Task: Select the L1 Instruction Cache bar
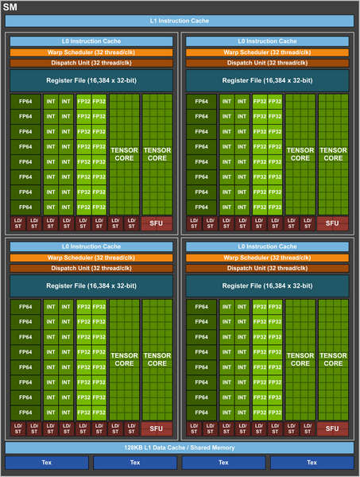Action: pyautogui.click(x=180, y=20)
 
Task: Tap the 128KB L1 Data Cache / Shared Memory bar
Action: pyautogui.click(x=180, y=448)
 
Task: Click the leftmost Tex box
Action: pyautogui.click(x=47, y=462)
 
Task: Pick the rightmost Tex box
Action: pyautogui.click(x=312, y=462)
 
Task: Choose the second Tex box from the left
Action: pyautogui.click(x=135, y=462)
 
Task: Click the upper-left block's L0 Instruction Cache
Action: pyautogui.click(x=91, y=41)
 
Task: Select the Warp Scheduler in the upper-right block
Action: pyautogui.click(x=268, y=52)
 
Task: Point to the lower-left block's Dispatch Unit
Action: pyautogui.click(x=91, y=268)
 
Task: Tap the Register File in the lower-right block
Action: pyautogui.click(x=268, y=285)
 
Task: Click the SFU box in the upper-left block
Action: pyautogui.click(x=156, y=223)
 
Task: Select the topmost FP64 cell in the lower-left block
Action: pyautogui.click(x=25, y=307)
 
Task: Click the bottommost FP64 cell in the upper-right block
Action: pyautogui.click(x=201, y=207)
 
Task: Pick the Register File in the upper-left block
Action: pyautogui.click(x=91, y=80)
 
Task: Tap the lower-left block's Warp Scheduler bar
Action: pyautogui.click(x=91, y=258)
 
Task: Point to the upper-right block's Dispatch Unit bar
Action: pyautogui.click(x=268, y=63)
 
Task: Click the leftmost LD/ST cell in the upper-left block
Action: pyautogui.click(x=17, y=223)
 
